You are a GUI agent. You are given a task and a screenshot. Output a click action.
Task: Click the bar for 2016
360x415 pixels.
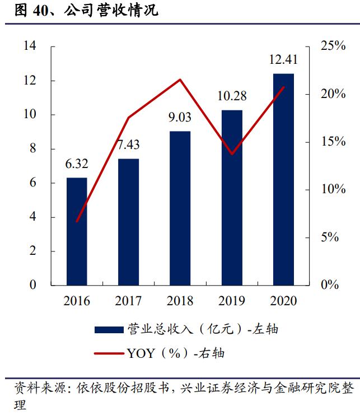(77, 231)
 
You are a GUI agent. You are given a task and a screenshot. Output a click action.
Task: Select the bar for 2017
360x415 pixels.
(128, 222)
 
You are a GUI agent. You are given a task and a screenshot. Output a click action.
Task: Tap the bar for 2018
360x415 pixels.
(180, 208)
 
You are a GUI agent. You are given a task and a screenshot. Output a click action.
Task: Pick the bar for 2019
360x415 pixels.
(232, 197)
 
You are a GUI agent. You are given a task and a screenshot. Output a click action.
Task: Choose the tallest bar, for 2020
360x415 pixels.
(283, 179)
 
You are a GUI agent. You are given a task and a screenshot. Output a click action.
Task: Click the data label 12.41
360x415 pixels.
(283, 60)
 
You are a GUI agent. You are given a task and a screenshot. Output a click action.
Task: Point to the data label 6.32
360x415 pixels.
(77, 164)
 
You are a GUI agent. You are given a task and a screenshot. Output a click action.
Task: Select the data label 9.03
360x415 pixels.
(180, 118)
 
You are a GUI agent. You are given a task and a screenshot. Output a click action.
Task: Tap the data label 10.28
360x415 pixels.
(232, 96)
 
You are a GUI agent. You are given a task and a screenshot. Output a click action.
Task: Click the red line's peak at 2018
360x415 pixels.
(180, 80)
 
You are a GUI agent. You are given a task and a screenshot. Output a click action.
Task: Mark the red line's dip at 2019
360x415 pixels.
(232, 154)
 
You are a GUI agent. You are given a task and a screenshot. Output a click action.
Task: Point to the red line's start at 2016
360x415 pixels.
(77, 221)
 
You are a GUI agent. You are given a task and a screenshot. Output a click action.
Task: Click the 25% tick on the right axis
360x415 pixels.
(333, 46)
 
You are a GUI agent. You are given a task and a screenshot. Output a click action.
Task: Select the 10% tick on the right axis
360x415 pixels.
(333, 189)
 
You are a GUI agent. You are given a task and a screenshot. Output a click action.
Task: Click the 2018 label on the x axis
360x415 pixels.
(180, 301)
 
